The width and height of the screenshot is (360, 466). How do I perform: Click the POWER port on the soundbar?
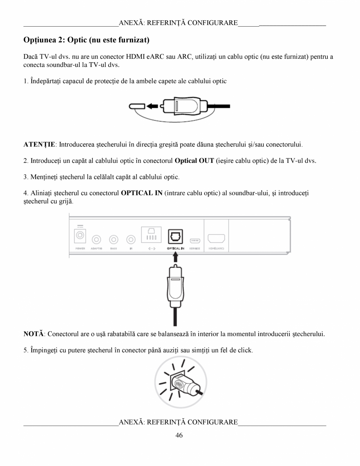click(x=81, y=236)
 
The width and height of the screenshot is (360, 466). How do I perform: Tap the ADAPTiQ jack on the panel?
click(x=96, y=239)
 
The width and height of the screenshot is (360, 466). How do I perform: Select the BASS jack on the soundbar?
click(x=114, y=239)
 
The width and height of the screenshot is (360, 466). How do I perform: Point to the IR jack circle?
click(x=131, y=239)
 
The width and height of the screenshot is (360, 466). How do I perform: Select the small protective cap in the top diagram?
click(x=137, y=106)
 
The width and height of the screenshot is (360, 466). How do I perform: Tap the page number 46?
click(x=179, y=435)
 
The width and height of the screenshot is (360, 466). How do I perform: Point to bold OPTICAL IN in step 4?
click(x=142, y=193)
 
